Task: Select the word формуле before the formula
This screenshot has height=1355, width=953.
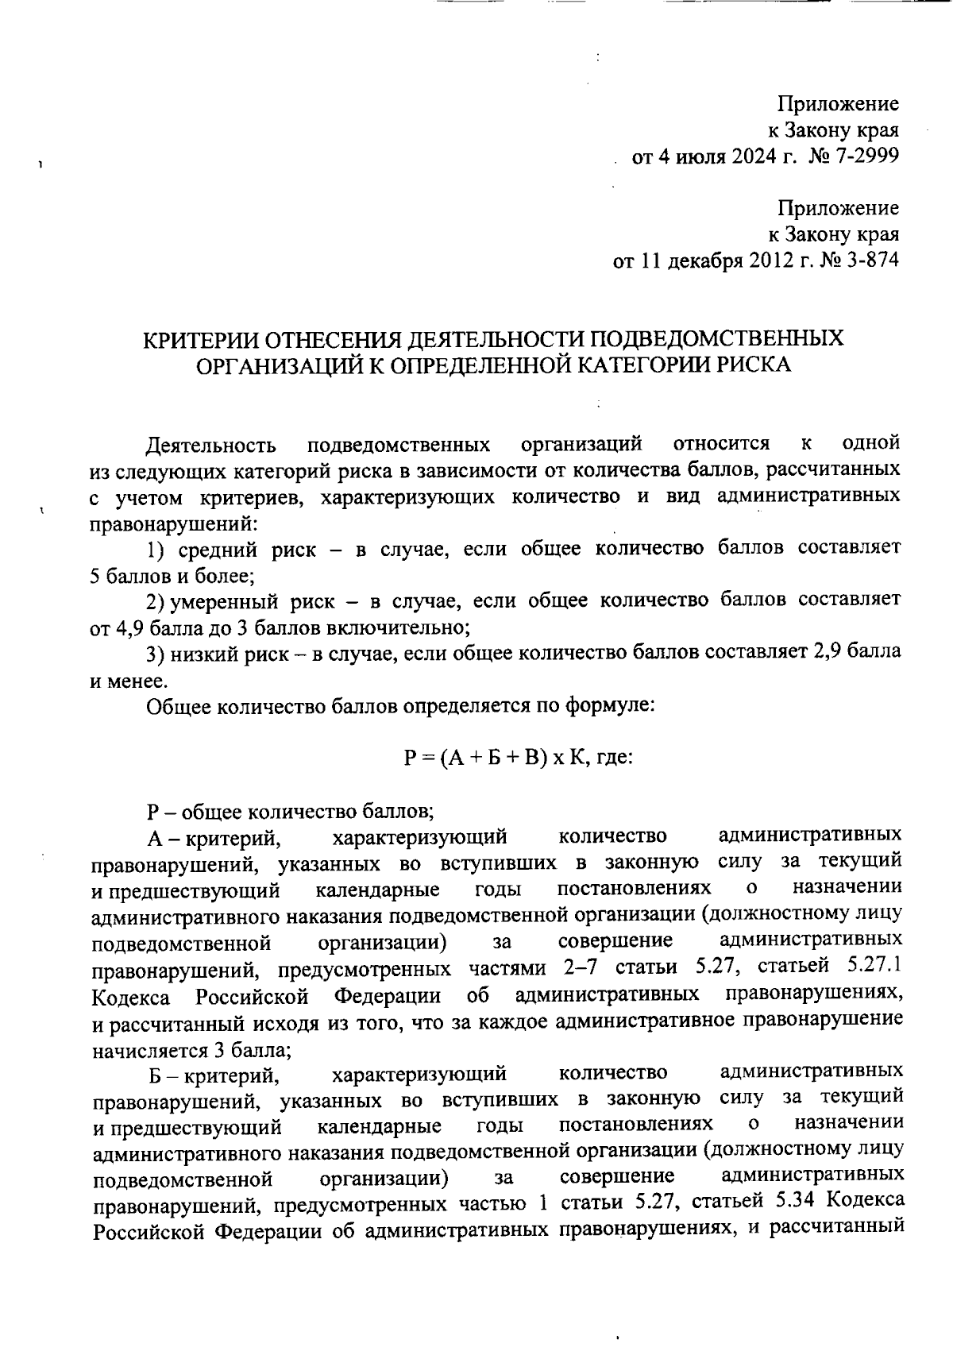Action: click(x=608, y=705)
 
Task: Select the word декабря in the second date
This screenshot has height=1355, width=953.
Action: click(x=704, y=261)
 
